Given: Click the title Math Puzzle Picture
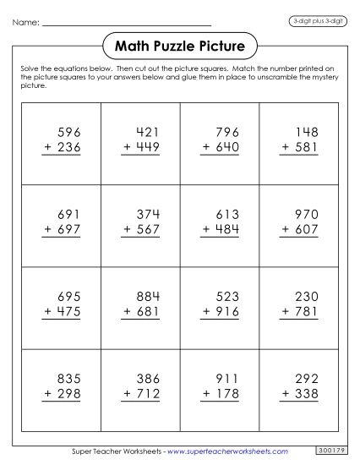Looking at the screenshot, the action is click(x=180, y=43).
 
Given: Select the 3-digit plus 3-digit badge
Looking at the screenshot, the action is click(x=323, y=19).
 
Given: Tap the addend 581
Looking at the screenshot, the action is click(x=306, y=146).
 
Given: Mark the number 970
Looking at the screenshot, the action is click(x=306, y=215).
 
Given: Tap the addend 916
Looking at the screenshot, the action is click(x=229, y=312).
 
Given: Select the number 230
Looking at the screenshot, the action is click(x=306, y=298).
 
